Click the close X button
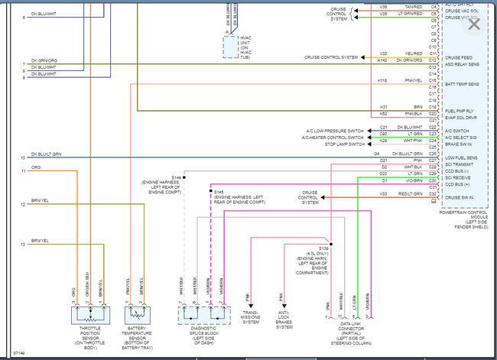[x=474, y=24]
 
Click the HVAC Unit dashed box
[x=232, y=47]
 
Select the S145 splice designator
[x=219, y=192]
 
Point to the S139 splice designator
[x=323, y=248]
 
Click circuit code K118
[x=382, y=79]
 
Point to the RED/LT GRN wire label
[x=410, y=194]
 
